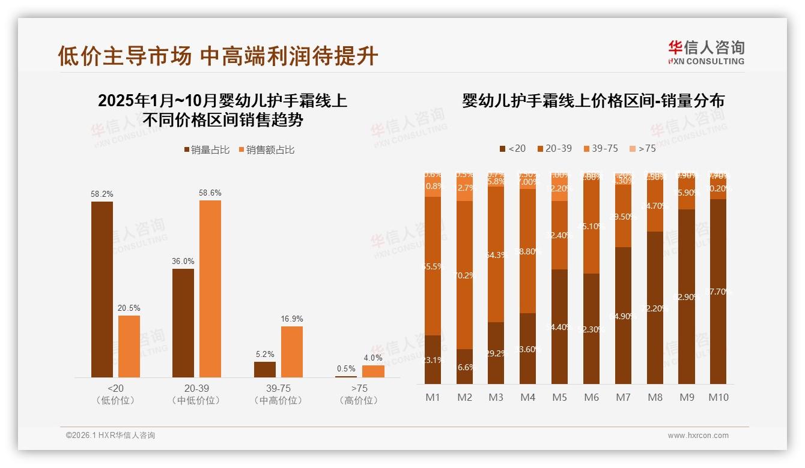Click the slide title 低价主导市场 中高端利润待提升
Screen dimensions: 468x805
[218, 56]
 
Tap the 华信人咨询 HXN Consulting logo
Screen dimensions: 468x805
[706, 53]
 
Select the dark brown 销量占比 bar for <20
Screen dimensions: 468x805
[102, 289]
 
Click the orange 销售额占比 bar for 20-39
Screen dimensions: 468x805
[210, 289]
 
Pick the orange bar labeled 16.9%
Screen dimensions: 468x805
[292, 352]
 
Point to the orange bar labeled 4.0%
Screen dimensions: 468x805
[373, 371]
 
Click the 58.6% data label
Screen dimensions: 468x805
[210, 193]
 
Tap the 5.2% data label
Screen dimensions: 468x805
[264, 354]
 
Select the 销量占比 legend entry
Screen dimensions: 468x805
[207, 150]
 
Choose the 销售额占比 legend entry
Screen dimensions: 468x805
[267, 150]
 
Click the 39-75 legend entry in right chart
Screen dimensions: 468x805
[600, 148]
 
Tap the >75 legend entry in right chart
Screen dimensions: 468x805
[642, 148]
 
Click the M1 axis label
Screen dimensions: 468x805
[433, 397]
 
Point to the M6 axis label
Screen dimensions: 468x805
[591, 397]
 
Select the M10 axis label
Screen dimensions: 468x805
[718, 397]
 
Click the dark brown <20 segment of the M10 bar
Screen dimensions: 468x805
[718, 291]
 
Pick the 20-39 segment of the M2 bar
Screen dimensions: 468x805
[464, 275]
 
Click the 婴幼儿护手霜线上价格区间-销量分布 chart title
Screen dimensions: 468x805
[593, 101]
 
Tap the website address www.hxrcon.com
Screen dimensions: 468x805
[698, 436]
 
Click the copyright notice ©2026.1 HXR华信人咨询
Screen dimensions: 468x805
[111, 436]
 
